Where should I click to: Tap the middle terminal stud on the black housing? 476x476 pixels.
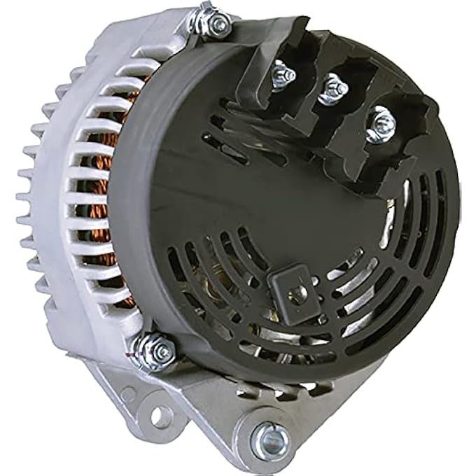pos(333,90)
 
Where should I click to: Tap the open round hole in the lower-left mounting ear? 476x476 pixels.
pos(160,416)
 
